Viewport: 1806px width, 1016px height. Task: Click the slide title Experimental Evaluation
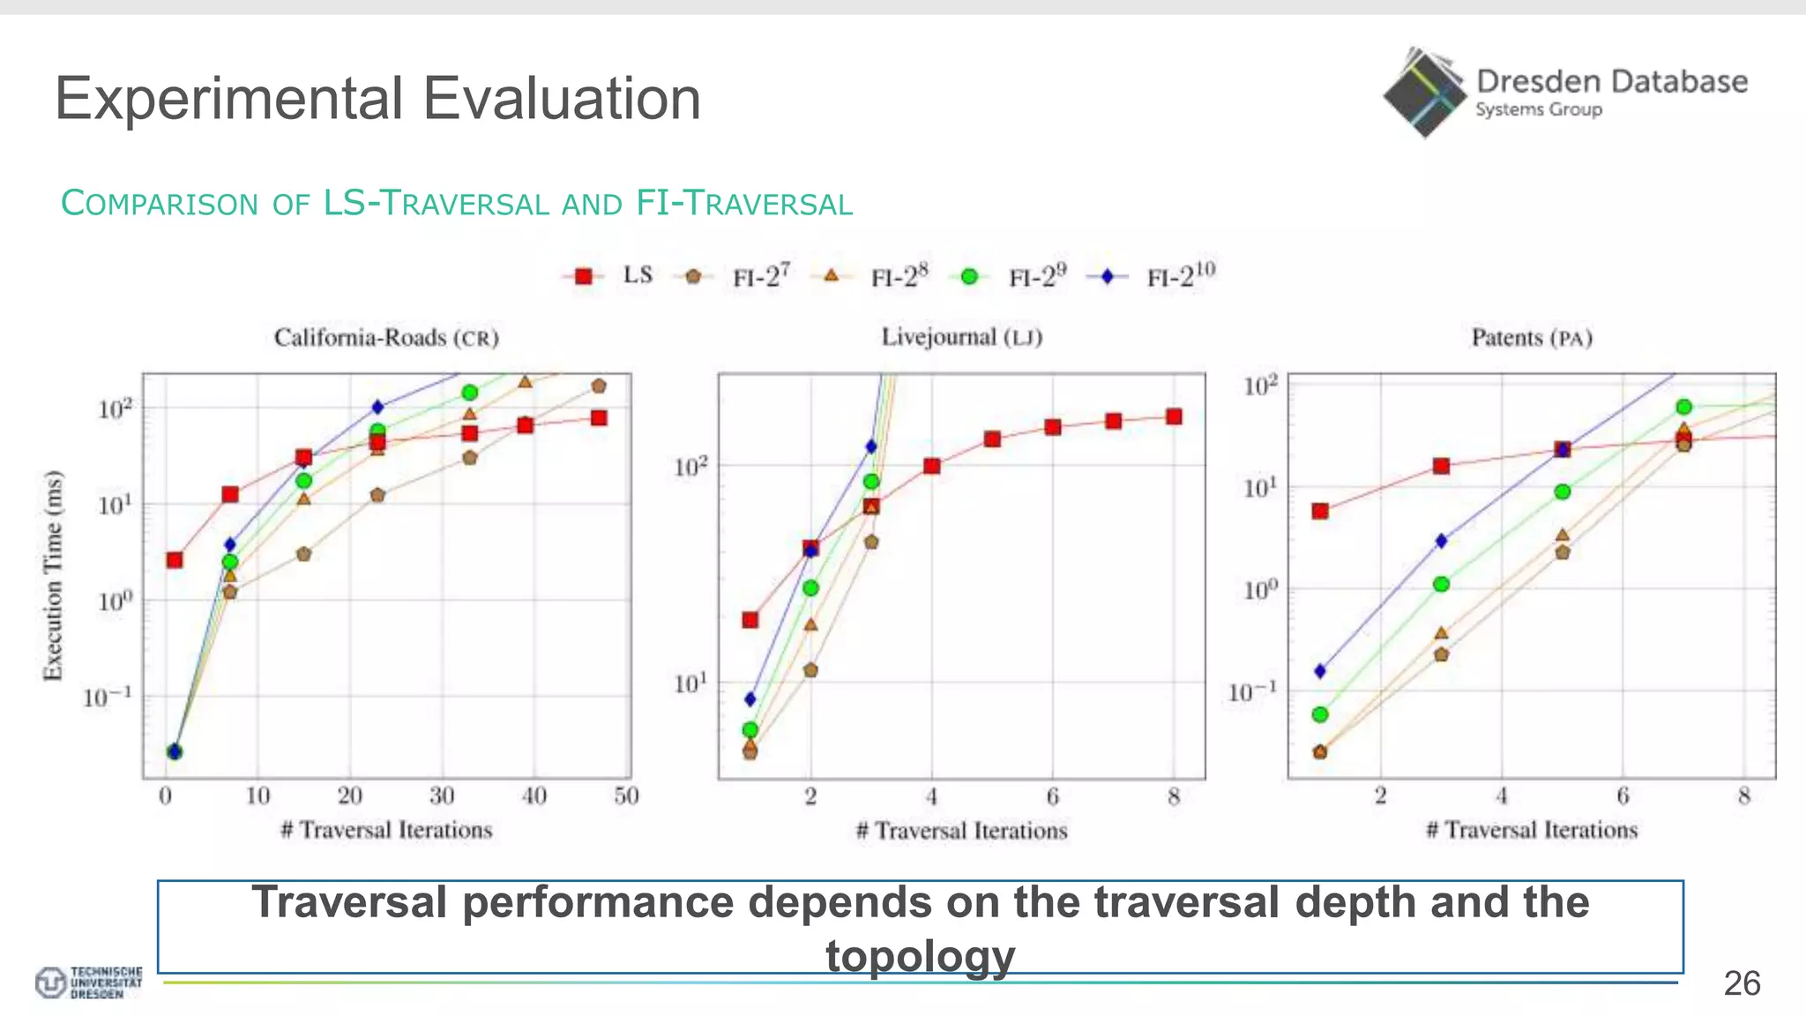pos(377,98)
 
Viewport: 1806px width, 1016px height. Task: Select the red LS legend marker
pos(583,277)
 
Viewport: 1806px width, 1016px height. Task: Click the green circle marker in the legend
pos(968,277)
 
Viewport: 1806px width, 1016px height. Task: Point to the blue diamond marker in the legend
pos(1107,277)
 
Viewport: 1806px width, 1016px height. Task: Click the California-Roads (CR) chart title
pos(386,338)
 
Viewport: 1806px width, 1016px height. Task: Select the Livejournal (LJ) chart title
pos(962,337)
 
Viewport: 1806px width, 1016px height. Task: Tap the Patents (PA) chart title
pos(1532,338)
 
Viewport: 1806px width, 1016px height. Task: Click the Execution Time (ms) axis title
pos(53,575)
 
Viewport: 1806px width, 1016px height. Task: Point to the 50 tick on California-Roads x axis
pos(626,796)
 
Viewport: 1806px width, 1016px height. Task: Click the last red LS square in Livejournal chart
pos(1174,416)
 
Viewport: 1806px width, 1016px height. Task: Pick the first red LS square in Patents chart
pos(1320,511)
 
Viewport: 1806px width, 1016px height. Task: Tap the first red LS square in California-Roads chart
pos(175,560)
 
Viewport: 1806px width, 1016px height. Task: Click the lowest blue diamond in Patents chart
pos(1320,671)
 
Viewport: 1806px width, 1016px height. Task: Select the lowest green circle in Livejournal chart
pos(750,729)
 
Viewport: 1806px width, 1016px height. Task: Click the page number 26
pos(1742,983)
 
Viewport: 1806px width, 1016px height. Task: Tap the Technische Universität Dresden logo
pos(88,982)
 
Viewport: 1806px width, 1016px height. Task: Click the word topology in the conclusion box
pos(920,956)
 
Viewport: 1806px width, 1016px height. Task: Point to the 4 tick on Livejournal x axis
pos(932,797)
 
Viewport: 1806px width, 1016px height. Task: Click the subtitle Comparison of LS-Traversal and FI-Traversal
pos(457,204)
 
